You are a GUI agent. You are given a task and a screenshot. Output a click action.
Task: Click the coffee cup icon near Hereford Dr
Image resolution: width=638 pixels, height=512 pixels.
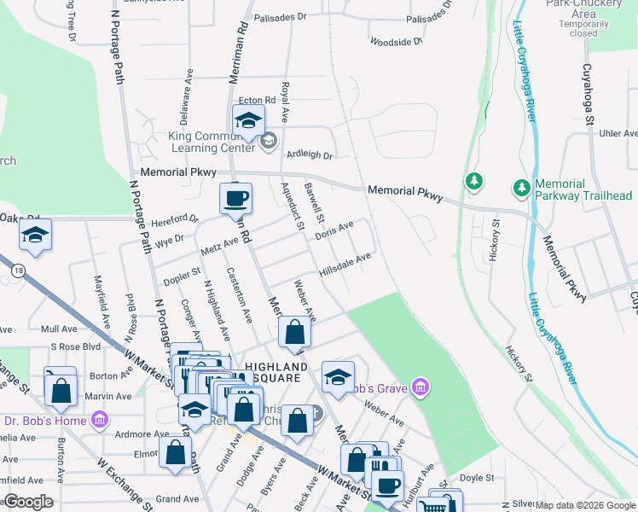pos(236,198)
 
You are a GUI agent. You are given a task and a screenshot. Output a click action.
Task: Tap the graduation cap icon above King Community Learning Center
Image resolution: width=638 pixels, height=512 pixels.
pos(249,120)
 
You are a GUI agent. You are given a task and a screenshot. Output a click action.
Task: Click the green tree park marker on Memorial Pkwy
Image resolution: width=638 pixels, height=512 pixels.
pos(473,182)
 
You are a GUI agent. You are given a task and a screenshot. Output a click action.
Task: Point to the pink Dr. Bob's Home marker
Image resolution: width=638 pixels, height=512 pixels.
pos(100,420)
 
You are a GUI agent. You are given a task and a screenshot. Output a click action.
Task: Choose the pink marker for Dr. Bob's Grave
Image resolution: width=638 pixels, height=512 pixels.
pos(419,389)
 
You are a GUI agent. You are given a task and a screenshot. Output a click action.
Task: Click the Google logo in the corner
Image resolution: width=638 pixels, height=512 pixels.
pos(28,502)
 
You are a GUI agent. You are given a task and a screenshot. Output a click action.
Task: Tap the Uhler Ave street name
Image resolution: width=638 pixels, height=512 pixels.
pos(618,133)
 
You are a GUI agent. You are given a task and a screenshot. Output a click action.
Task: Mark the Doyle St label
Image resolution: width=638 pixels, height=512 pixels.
pos(477,478)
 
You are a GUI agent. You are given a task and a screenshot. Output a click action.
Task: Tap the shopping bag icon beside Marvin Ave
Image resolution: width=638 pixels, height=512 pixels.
pos(61,390)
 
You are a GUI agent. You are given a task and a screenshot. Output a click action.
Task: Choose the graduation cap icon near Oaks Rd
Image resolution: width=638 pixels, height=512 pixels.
pos(35,235)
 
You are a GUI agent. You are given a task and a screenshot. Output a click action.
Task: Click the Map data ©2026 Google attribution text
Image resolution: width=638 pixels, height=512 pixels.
pos(585,505)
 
